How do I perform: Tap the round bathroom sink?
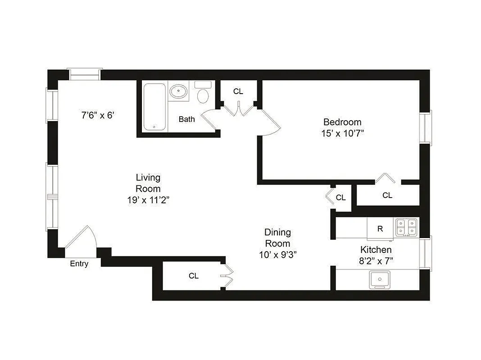[x=178, y=92]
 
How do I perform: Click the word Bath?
[x=187, y=119]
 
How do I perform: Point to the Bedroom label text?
[x=342, y=122]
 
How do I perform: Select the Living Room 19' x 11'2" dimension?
[x=148, y=201]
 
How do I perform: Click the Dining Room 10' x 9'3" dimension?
[x=277, y=255]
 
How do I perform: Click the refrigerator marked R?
[x=380, y=229]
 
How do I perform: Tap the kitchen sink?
[x=380, y=280]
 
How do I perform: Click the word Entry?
[x=79, y=264]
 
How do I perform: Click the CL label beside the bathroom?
[x=238, y=91]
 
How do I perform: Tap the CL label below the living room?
[x=193, y=276]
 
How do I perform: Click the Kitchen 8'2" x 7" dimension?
[x=376, y=261]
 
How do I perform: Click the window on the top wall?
[x=84, y=74]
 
